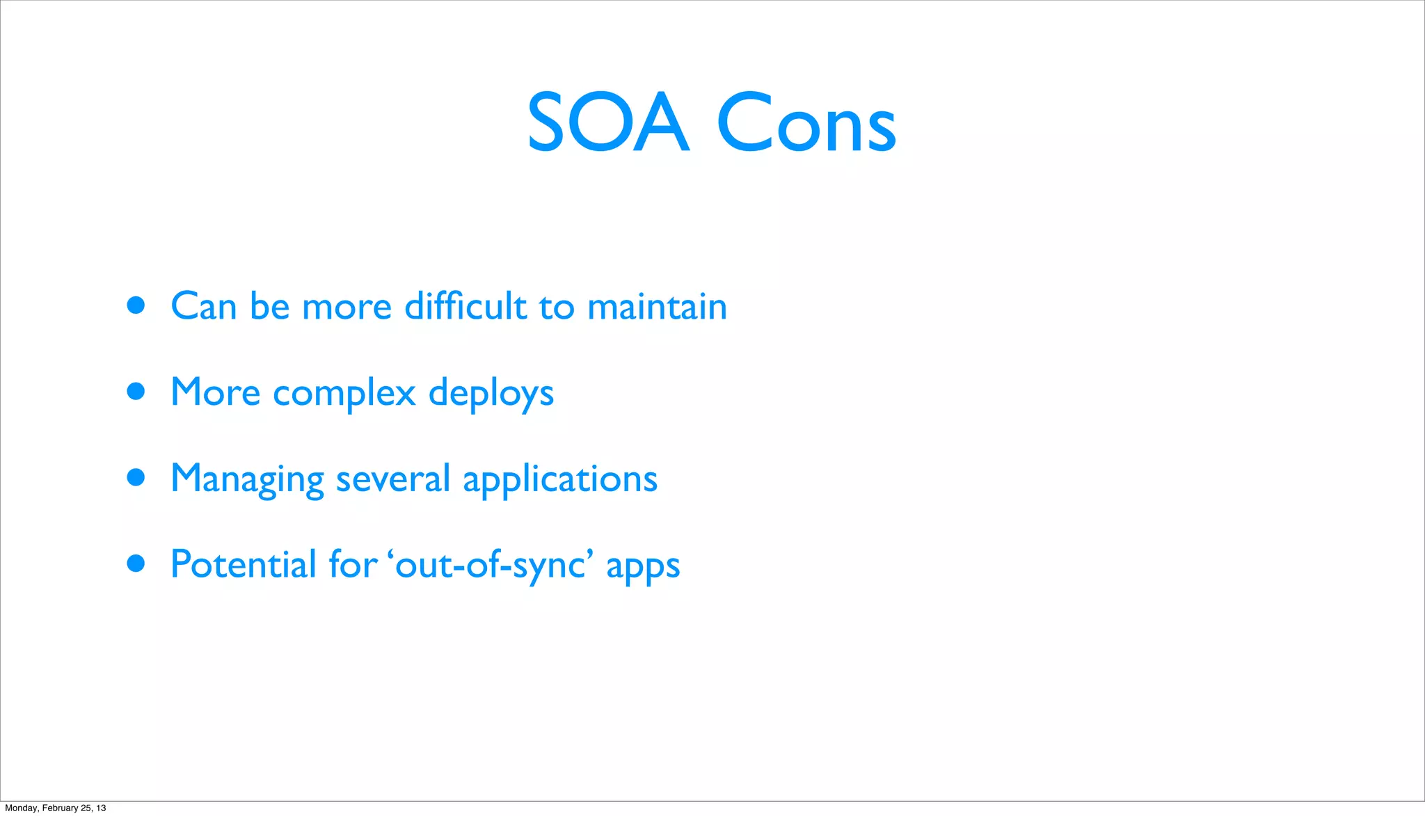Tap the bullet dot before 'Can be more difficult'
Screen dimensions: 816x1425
(x=136, y=305)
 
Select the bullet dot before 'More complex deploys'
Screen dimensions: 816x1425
(x=136, y=392)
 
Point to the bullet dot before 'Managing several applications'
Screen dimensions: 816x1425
(x=136, y=477)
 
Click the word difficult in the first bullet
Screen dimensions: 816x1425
(x=465, y=306)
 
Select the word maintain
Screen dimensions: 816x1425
(x=657, y=306)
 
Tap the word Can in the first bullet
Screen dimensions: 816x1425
(x=204, y=306)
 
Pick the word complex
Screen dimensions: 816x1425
(x=344, y=394)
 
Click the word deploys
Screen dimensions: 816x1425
(x=491, y=394)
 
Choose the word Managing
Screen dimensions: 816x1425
(x=247, y=479)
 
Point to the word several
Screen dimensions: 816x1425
(x=392, y=479)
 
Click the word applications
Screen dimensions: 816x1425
(x=560, y=479)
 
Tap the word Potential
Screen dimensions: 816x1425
(x=244, y=564)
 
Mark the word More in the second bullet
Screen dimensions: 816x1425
(x=215, y=392)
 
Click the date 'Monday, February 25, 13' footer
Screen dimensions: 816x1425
(x=56, y=808)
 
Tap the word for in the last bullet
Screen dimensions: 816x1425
(x=353, y=564)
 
